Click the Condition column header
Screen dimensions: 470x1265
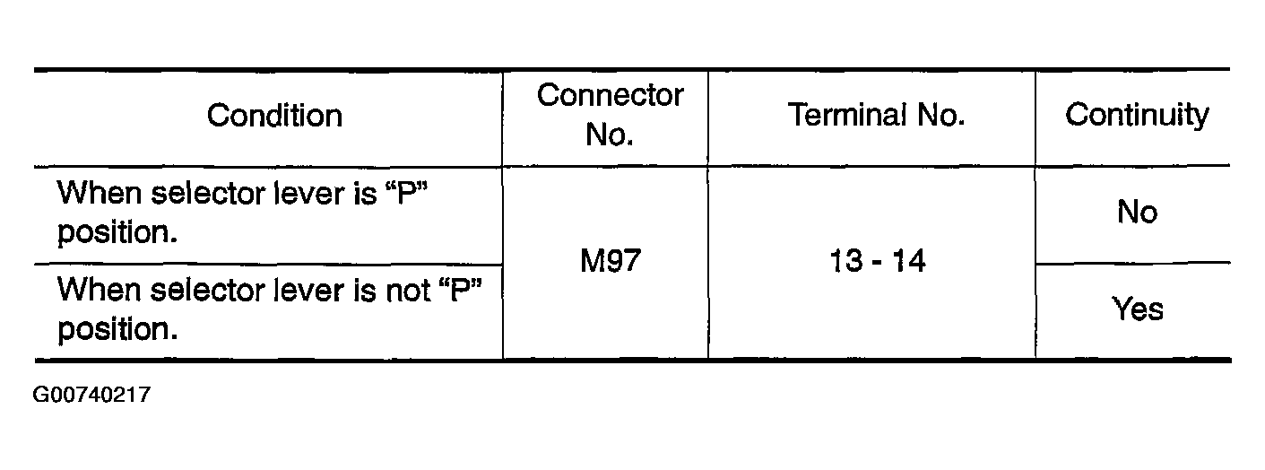[x=274, y=116]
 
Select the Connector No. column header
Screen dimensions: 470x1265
[x=610, y=115]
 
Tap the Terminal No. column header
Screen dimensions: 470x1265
[x=875, y=116]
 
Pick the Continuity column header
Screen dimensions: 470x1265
[x=1136, y=116]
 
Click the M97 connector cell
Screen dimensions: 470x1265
[x=611, y=263]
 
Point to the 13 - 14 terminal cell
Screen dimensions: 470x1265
[x=875, y=263]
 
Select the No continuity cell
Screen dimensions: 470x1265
[x=1137, y=213]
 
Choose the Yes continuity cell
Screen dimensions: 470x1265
[x=1137, y=310]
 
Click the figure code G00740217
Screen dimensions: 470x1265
[x=91, y=395]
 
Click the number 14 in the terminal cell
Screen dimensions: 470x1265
[x=909, y=263]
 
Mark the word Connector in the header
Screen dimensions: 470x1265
[x=610, y=96]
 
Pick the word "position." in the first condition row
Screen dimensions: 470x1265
[x=116, y=233]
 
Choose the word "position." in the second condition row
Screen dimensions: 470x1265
[x=116, y=330]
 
